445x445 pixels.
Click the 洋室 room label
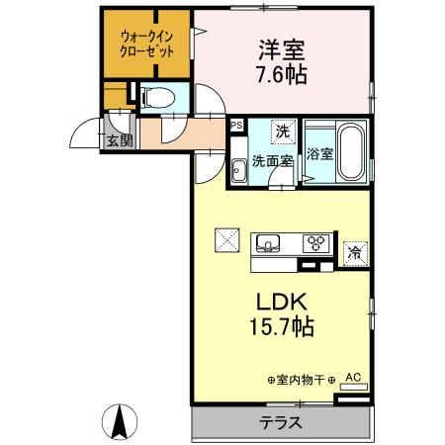pyautogui.click(x=281, y=47)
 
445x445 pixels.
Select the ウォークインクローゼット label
pyautogui.click(x=146, y=45)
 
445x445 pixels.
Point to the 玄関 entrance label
pyautogui.click(x=120, y=140)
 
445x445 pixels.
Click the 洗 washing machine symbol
pyautogui.click(x=282, y=131)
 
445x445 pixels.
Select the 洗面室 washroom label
pyautogui.click(x=270, y=160)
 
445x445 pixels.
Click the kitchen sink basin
pyautogui.click(x=269, y=241)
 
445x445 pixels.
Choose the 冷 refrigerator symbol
pyautogui.click(x=354, y=252)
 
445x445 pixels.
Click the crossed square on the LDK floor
pyautogui.click(x=226, y=240)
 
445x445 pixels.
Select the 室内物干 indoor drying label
pyautogui.click(x=302, y=379)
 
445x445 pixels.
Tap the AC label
pyautogui.click(x=353, y=377)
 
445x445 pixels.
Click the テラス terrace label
pyautogui.click(x=281, y=423)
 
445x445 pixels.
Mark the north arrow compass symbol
pyautogui.click(x=120, y=422)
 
